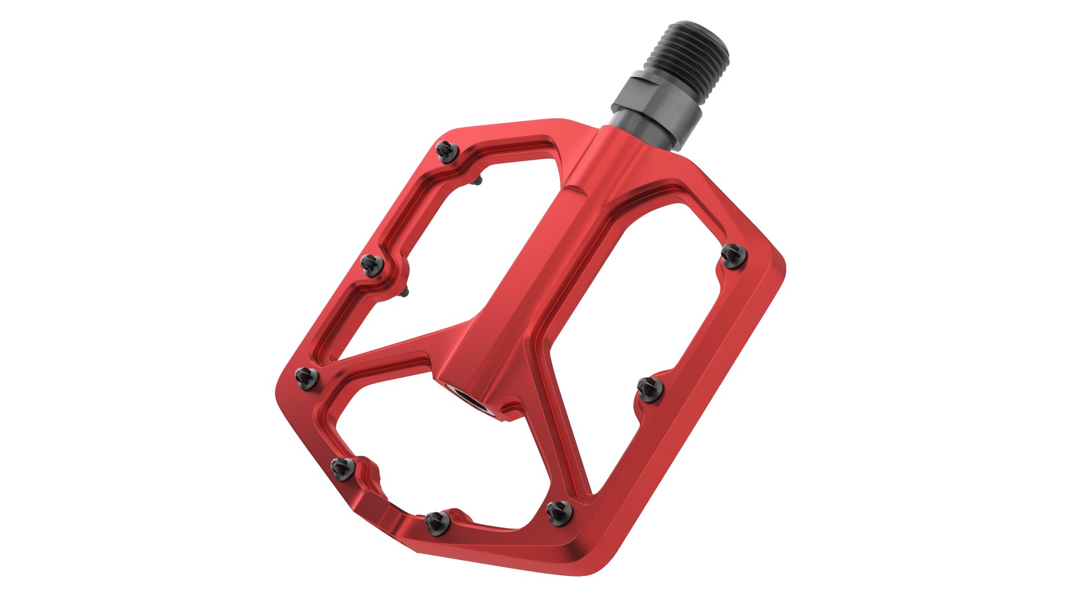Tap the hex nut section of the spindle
pyautogui.click(x=663, y=101)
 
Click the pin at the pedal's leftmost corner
pyautogui.click(x=307, y=377)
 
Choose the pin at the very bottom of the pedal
pyautogui.click(x=438, y=521)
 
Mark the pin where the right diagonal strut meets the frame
pyautogui.click(x=560, y=512)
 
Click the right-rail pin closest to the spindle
pyautogui.click(x=734, y=255)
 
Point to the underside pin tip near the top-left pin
pyautogui.click(x=479, y=180)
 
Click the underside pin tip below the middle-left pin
pyautogui.click(x=406, y=291)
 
